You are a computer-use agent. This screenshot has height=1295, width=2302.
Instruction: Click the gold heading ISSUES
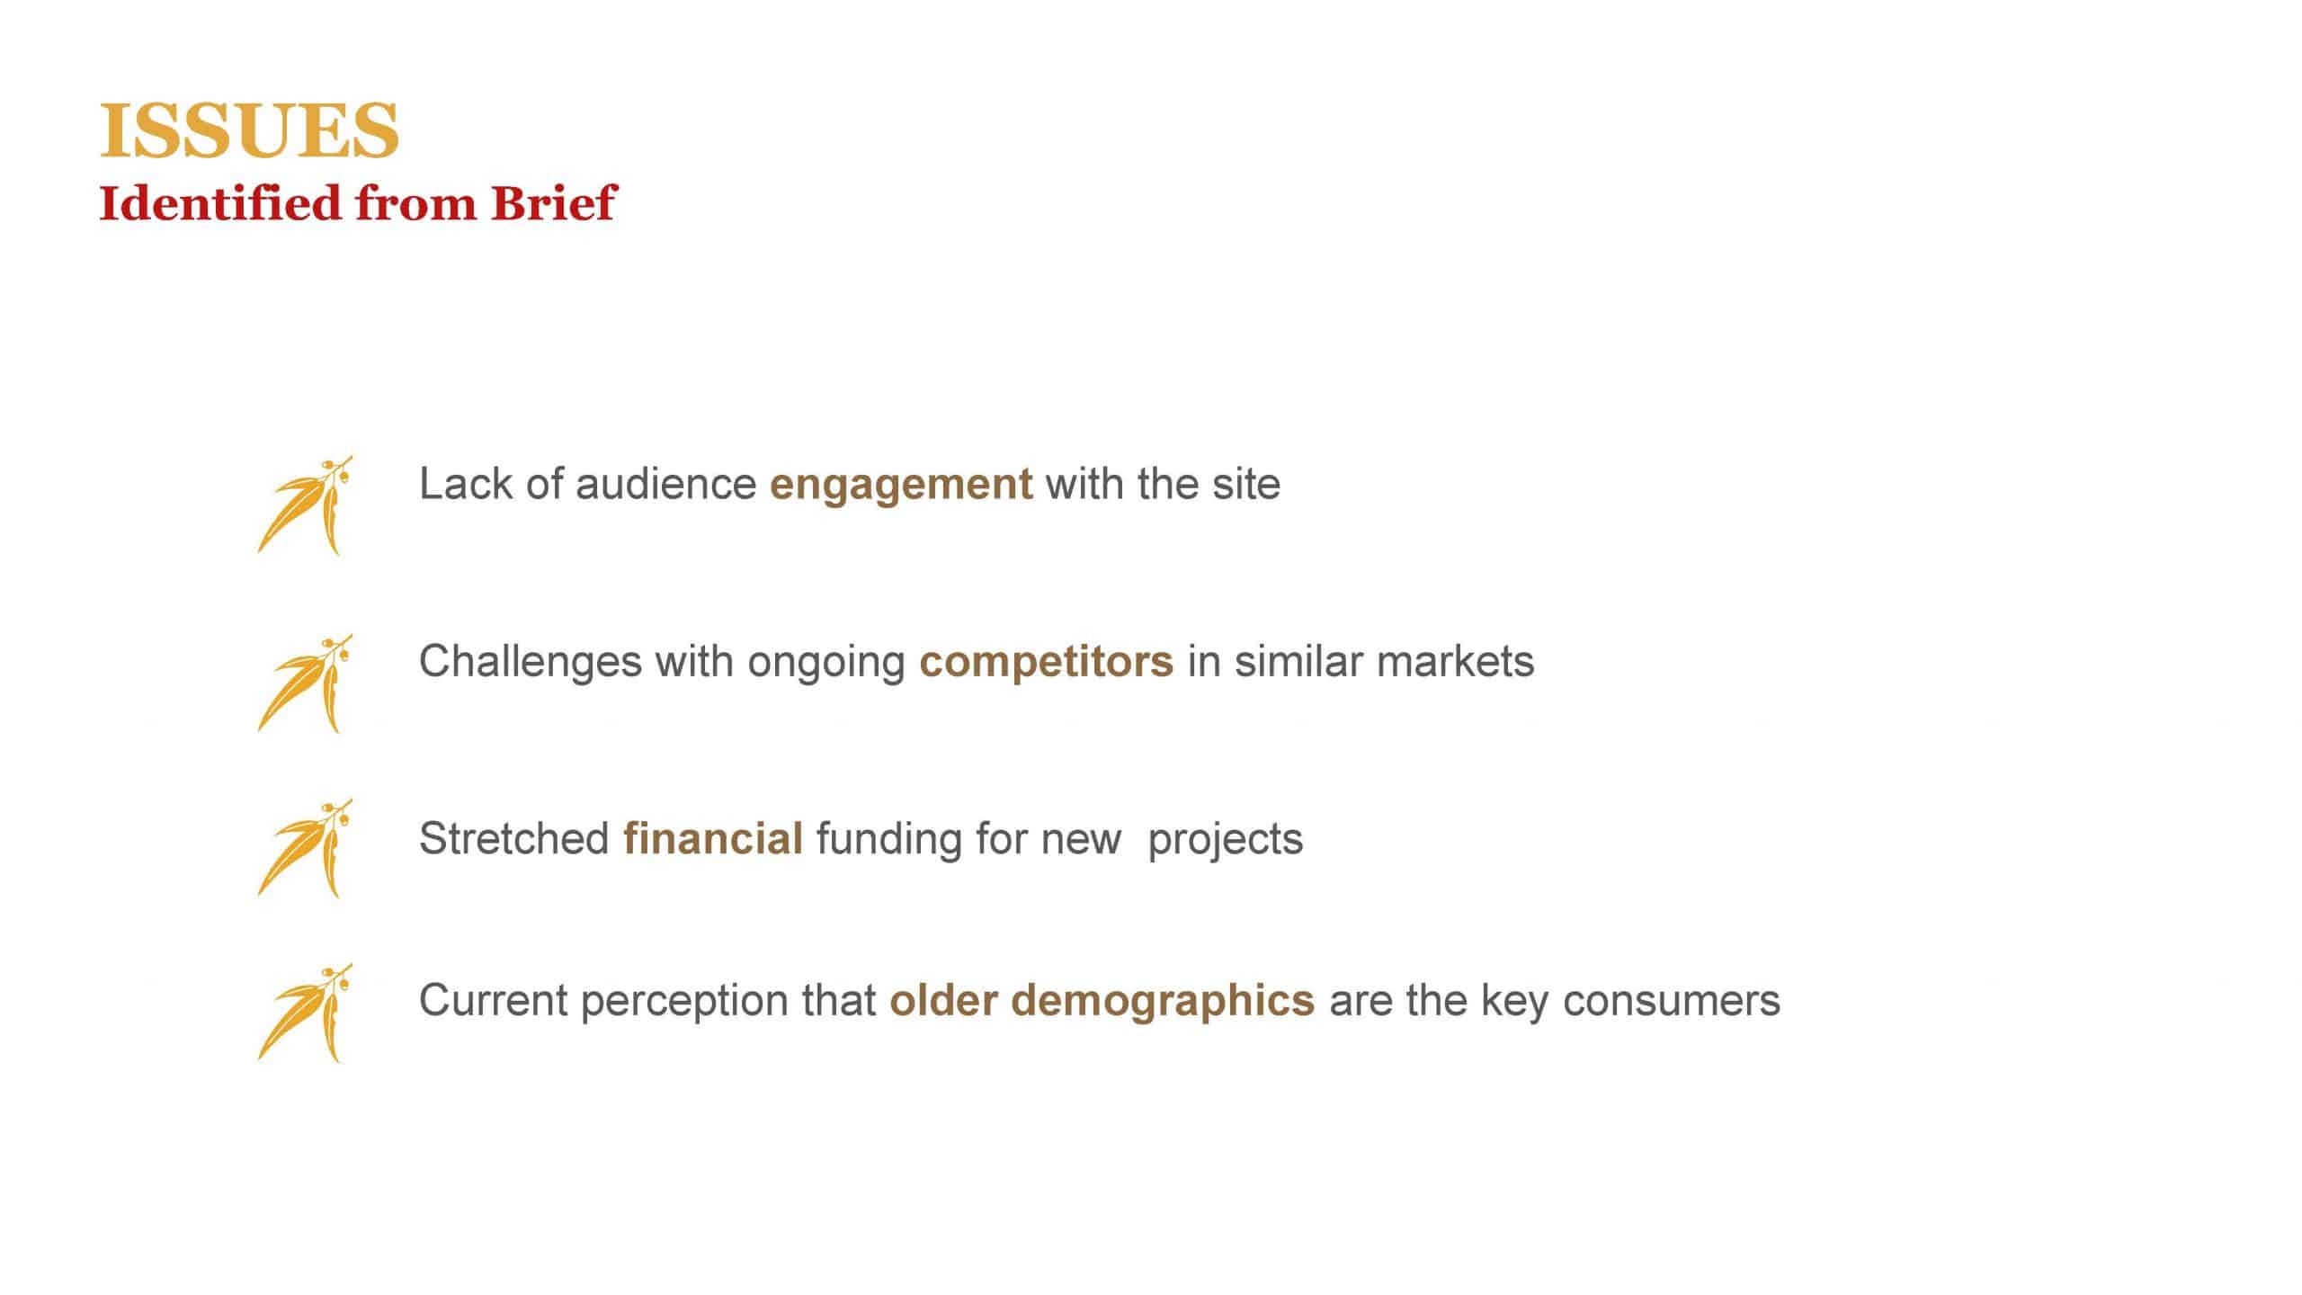pyautogui.click(x=249, y=130)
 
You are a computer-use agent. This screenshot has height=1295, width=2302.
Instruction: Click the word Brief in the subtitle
pyautogui.click(x=554, y=202)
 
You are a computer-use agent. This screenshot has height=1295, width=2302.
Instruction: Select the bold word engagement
pyautogui.click(x=901, y=486)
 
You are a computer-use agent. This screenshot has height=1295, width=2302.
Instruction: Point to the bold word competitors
pyautogui.click(x=1046, y=663)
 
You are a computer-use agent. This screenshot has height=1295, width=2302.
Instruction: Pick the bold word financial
pyautogui.click(x=713, y=839)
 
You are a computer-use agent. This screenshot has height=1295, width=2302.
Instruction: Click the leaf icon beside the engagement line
pyautogui.click(x=305, y=505)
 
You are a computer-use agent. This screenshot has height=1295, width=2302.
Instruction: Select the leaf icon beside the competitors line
pyautogui.click(x=305, y=683)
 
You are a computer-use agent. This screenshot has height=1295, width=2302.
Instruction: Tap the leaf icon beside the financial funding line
pyautogui.click(x=305, y=848)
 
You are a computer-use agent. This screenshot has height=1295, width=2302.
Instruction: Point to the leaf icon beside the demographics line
pyautogui.click(x=305, y=1014)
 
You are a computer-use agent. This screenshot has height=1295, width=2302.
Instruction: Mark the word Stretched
pyautogui.click(x=514, y=839)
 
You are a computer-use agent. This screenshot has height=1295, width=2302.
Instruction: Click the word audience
pyautogui.click(x=665, y=484)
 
